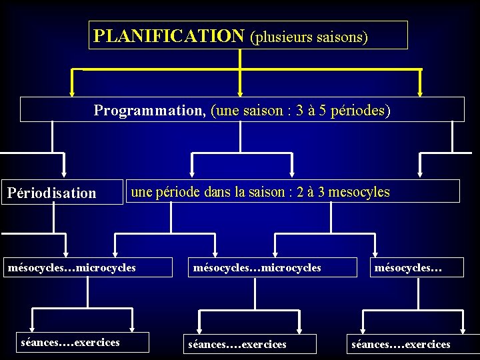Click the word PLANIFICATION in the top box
169,35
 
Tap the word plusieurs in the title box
283,36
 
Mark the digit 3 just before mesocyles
321,192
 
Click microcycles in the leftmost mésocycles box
106,267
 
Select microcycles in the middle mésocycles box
291,267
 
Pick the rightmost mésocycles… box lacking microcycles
409,267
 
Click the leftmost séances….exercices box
71,343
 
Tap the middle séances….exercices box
237,344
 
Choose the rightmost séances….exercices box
401,344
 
